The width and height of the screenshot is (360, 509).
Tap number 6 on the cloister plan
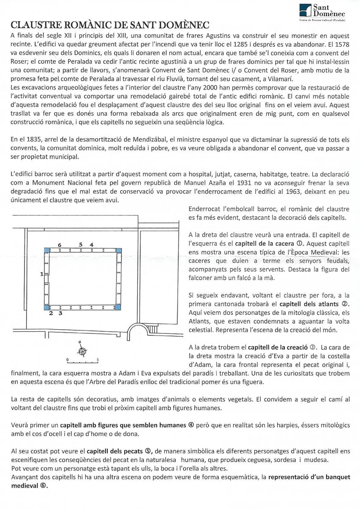(60, 245)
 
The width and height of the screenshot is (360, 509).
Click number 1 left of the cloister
(41, 274)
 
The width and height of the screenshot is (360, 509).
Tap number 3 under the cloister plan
(61, 313)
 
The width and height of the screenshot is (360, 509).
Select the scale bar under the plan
(83, 362)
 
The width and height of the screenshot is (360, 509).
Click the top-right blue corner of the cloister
(119, 250)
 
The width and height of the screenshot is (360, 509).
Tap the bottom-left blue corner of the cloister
(47, 307)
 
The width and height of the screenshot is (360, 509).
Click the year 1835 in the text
(27, 140)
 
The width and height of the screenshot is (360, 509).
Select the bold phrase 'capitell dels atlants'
(311, 304)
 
